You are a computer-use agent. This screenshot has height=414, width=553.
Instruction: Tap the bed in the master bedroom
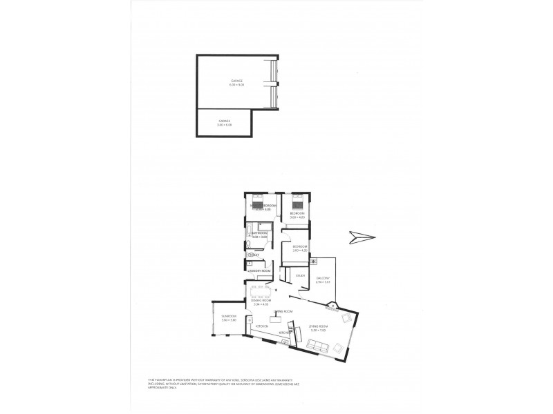coord(258,204)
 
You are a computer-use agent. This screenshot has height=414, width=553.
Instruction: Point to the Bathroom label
coord(259,234)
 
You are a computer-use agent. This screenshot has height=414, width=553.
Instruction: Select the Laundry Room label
coord(258,270)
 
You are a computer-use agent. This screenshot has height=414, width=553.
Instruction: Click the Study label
coord(300,276)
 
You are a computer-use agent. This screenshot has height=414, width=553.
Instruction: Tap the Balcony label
coord(323,281)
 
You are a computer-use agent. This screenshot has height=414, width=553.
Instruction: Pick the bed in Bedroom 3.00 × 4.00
coord(299,203)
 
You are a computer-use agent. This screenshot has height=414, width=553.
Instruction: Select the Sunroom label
coord(229,318)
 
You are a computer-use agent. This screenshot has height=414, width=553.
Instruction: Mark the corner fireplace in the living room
coord(332,306)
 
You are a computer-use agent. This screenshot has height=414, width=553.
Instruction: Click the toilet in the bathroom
coord(250,255)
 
